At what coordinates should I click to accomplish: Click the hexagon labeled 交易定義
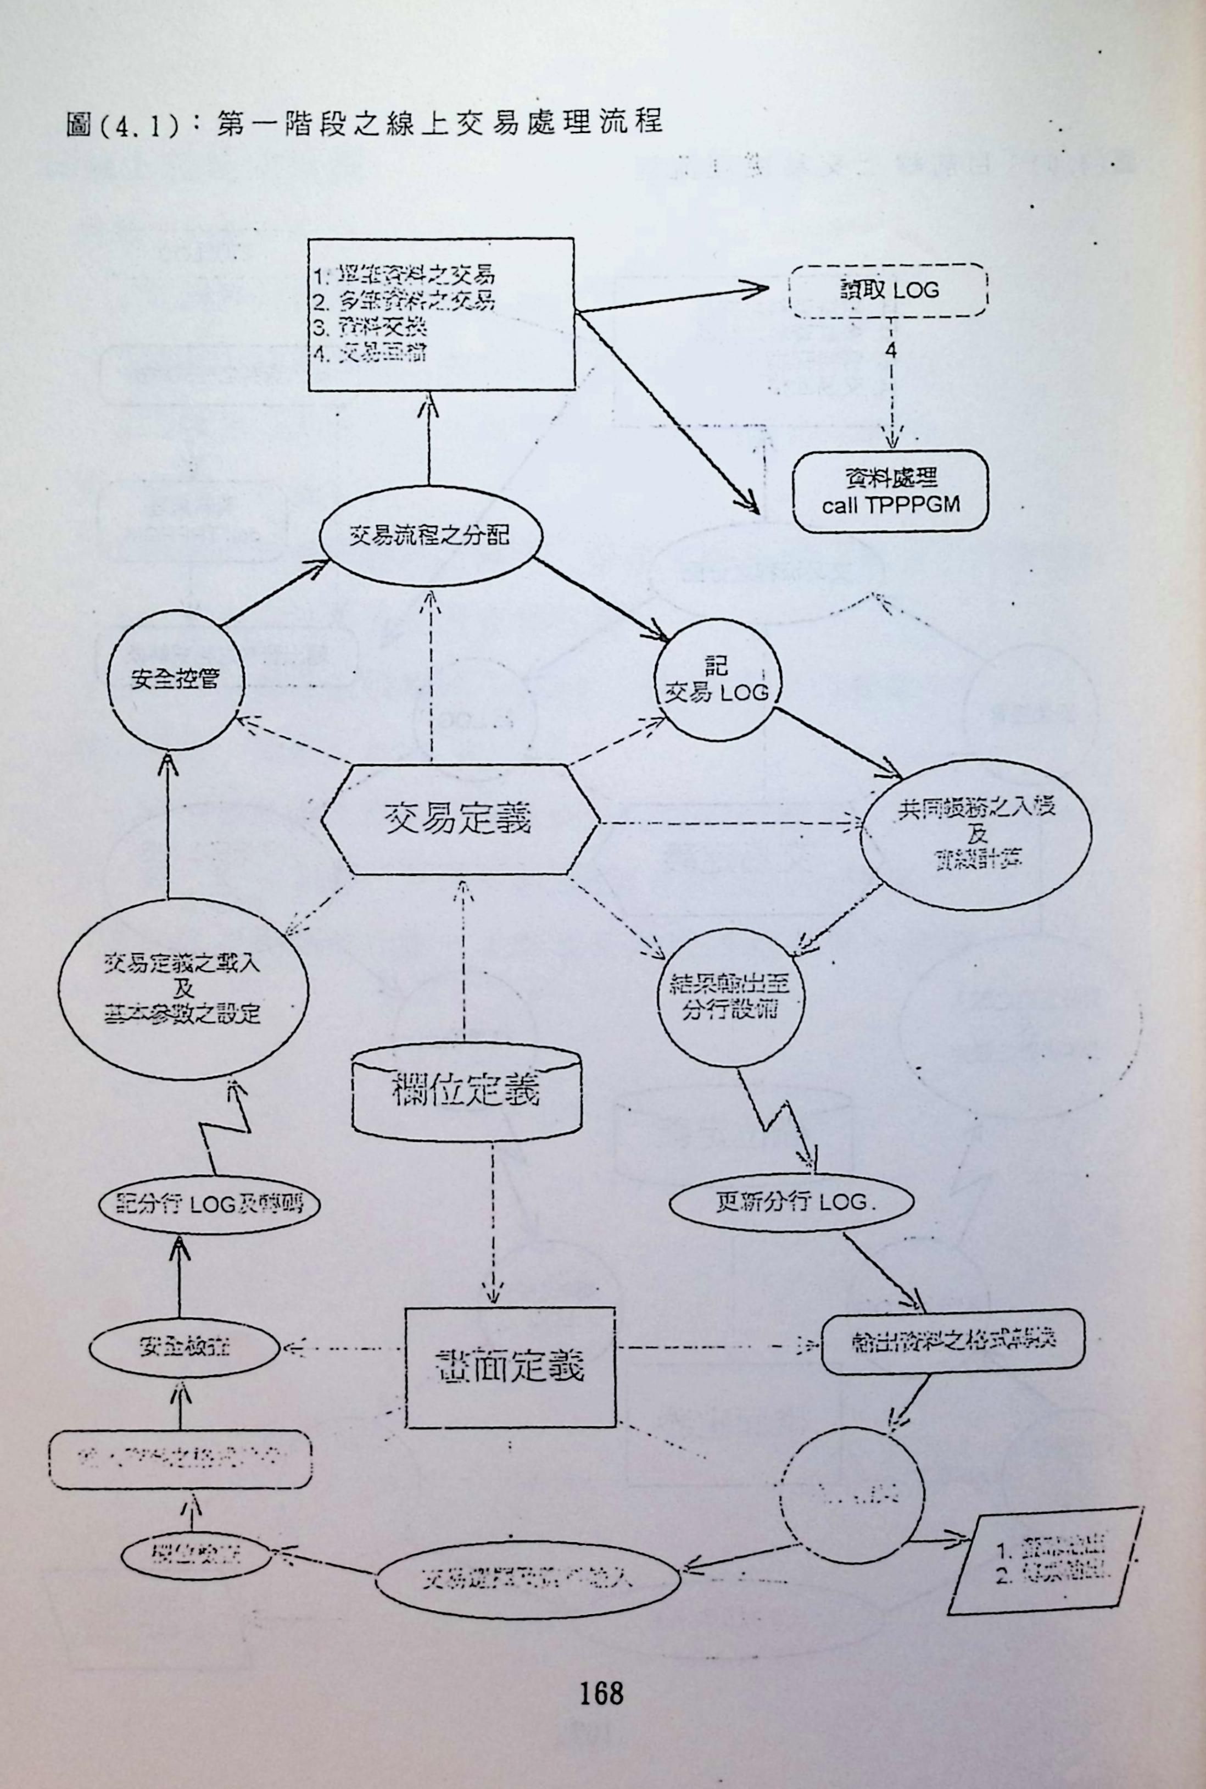(459, 819)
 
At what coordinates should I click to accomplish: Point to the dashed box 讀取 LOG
(889, 290)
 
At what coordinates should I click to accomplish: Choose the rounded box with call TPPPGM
(890, 492)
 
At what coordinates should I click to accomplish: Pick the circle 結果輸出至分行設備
(729, 997)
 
